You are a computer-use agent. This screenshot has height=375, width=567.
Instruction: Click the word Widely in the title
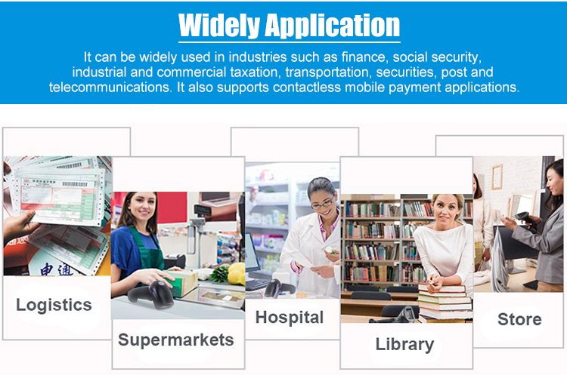point(219,25)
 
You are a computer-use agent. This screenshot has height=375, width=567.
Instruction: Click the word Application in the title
point(333,26)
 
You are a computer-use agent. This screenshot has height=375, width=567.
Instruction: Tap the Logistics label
point(54,305)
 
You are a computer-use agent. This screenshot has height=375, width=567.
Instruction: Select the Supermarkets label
point(175,340)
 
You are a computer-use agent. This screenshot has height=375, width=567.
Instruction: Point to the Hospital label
point(290,318)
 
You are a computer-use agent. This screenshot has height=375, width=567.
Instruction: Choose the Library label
point(404,344)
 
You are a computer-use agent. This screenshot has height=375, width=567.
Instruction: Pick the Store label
point(519,319)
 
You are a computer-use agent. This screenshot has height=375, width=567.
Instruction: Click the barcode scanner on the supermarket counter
point(151,294)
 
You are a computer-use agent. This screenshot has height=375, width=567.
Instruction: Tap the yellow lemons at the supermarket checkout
point(237,273)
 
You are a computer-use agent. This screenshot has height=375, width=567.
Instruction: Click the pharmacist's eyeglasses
point(322,203)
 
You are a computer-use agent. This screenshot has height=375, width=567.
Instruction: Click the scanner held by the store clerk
point(525,218)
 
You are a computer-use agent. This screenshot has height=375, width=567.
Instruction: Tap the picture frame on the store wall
point(497,177)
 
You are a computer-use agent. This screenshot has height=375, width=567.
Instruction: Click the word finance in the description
point(364,57)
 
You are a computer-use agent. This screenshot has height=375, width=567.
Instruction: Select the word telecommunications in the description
point(110,88)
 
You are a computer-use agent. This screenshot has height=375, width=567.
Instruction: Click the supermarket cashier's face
point(142,208)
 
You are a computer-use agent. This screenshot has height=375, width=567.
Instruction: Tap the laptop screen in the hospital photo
point(253,253)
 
